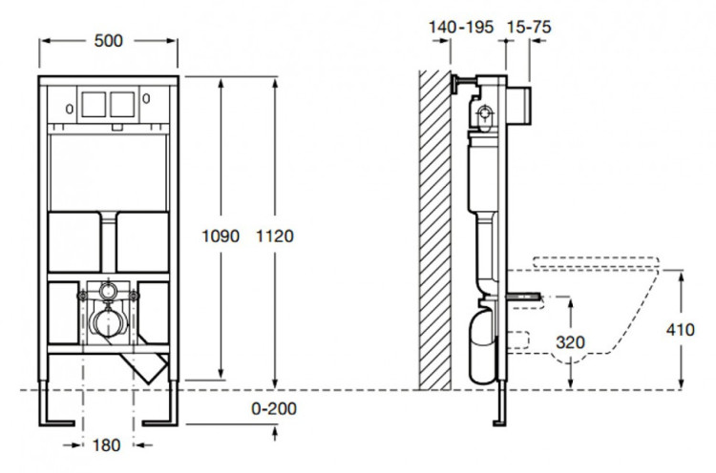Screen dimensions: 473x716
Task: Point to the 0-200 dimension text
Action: coord(272,409)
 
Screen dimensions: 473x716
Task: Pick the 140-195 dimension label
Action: coord(461,28)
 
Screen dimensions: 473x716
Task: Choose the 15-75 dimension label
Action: coord(528,28)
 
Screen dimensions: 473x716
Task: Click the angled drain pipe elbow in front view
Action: coord(149,366)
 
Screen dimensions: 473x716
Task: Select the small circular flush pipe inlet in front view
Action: coord(108,290)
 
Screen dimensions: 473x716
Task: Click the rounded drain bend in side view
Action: coord(482,334)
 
